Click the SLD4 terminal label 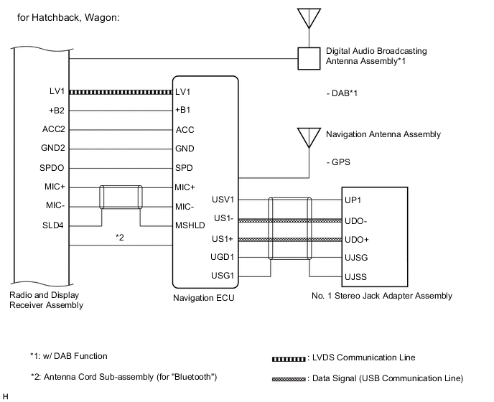click(53, 225)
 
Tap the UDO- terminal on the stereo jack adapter click(358, 220)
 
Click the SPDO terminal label click(52, 168)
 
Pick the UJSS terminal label click(357, 276)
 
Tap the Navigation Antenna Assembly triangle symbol click(309, 136)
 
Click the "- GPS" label click(337, 163)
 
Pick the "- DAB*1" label click(342, 93)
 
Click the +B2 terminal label click(54, 111)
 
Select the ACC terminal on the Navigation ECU click(184, 130)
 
